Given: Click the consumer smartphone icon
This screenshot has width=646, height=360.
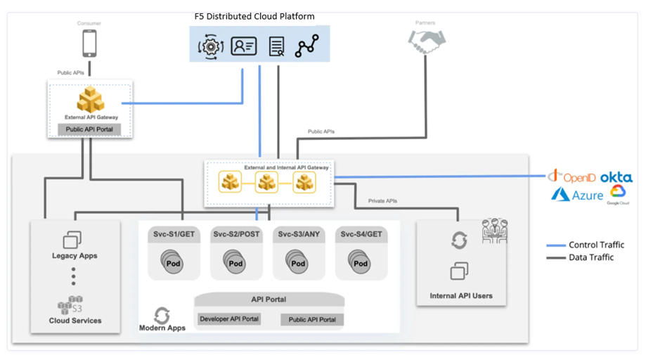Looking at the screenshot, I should point(89,44).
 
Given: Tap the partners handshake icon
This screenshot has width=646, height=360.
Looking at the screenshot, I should point(427,43).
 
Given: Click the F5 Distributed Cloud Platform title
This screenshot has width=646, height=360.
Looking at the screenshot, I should point(254,16).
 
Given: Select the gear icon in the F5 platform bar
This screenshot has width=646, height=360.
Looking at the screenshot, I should point(210,46).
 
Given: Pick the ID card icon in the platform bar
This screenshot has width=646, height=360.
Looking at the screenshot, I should point(244,46).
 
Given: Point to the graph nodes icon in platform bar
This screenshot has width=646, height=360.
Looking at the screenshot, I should point(307,46).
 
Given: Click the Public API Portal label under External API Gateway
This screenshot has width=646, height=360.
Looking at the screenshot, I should point(89,129).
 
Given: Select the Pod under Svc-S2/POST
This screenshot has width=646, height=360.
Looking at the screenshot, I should point(234,263).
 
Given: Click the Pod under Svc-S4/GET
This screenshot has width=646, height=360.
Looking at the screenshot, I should point(359,263).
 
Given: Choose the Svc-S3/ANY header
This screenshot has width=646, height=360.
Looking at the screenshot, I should point(298,234).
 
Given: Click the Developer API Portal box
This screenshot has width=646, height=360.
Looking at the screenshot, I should point(229,319).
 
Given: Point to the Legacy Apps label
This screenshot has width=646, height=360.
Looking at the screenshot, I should point(75,256).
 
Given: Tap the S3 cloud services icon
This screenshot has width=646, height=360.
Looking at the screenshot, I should point(70,304).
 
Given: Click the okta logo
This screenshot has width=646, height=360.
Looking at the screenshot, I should point(616,177).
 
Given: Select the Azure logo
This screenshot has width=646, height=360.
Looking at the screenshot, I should point(579,195).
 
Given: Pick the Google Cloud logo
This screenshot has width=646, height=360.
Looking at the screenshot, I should point(619,193).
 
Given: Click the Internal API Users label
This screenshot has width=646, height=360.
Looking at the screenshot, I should point(461,296).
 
